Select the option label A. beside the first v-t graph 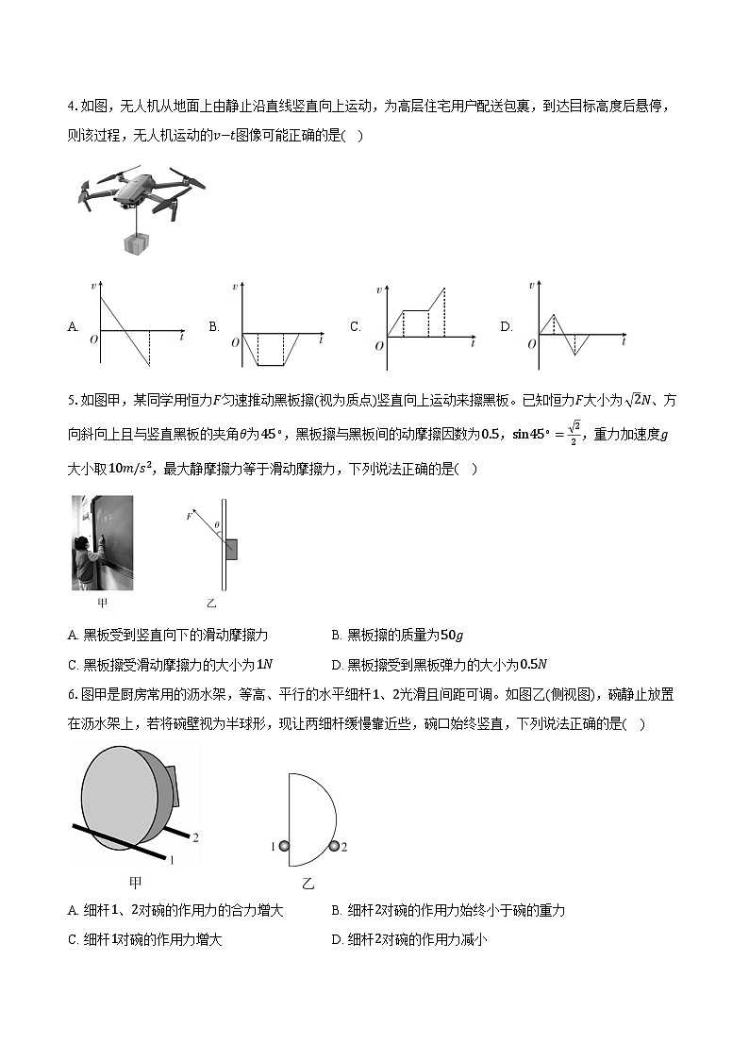coord(73,327)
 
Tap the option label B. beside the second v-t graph coord(214,327)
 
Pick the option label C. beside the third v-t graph coord(356,327)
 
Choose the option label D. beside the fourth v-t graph coord(507,327)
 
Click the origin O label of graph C coord(379,346)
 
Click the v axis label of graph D coord(532,285)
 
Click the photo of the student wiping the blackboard coord(102,542)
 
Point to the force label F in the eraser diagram coord(189,517)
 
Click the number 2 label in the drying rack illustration coord(195,836)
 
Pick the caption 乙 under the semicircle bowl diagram coord(308,884)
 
